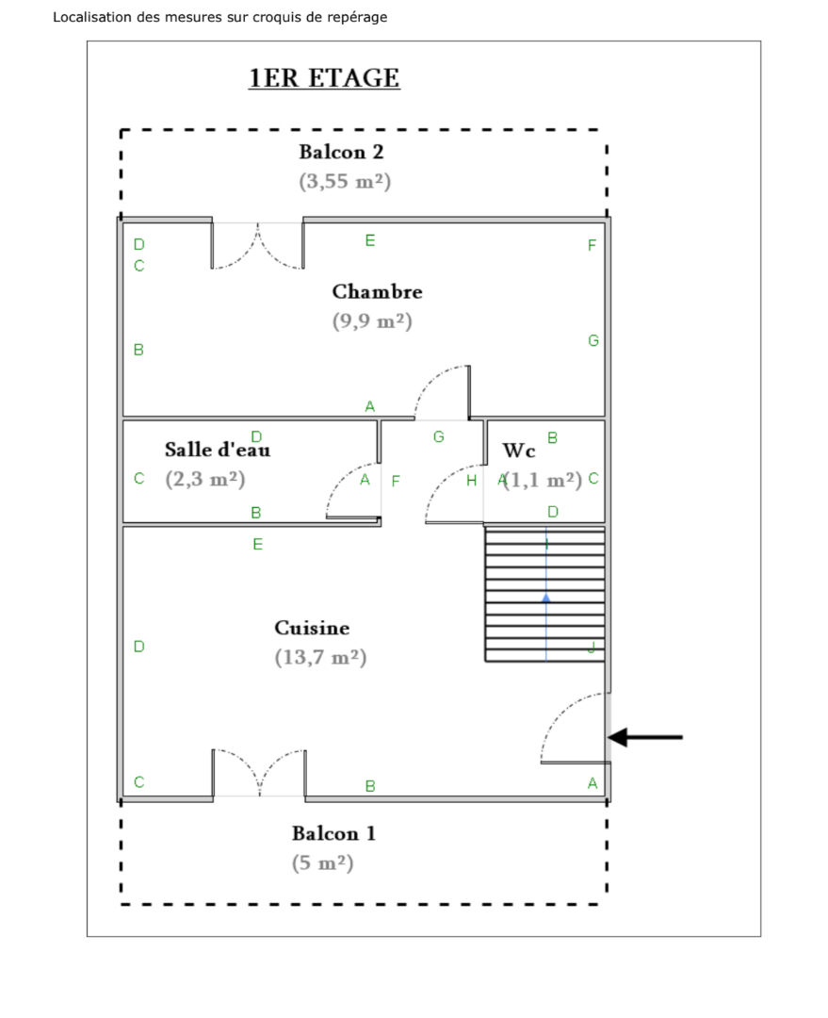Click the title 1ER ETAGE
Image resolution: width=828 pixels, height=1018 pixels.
pos(324,78)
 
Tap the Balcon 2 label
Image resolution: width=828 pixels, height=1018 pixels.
pos(341,152)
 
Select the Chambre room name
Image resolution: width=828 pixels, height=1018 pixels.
pos(377,291)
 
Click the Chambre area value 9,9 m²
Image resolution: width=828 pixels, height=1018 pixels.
pos(372,321)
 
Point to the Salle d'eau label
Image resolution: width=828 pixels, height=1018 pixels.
pos(218,450)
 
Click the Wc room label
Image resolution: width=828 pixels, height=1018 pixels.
pos(519,451)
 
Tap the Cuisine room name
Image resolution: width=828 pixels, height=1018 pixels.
pos(312,628)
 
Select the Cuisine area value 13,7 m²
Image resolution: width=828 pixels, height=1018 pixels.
pos(320,657)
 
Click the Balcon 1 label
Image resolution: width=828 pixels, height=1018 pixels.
pos(333,833)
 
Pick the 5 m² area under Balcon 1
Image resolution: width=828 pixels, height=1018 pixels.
pos(322,862)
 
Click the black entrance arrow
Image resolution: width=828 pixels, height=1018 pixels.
pos(645,737)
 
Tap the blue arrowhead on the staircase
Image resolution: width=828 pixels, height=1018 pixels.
pos(546,598)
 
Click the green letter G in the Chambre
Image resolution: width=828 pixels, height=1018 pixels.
pos(593,340)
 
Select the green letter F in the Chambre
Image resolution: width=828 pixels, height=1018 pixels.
pos(593,245)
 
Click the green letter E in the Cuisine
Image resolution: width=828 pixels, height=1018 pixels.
pos(257,544)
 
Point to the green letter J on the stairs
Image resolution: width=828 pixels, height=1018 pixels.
pos(591,648)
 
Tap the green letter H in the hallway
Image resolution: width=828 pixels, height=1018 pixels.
pos(472,481)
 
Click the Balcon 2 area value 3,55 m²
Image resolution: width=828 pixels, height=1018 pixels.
pos(345,181)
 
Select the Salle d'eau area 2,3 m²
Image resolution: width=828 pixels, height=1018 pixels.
pos(205,479)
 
